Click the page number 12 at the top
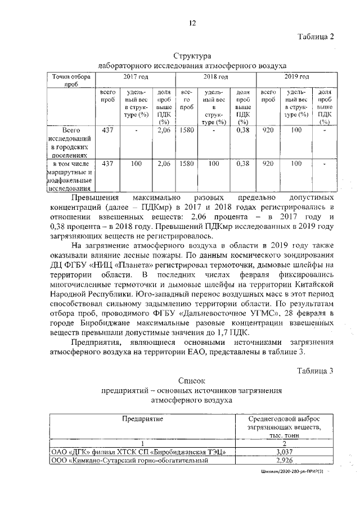pyautogui.click(x=192, y=23)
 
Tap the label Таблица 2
pyautogui.click(x=316, y=37)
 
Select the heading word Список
pyautogui.click(x=192, y=381)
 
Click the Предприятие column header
pyautogui.click(x=143, y=419)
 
